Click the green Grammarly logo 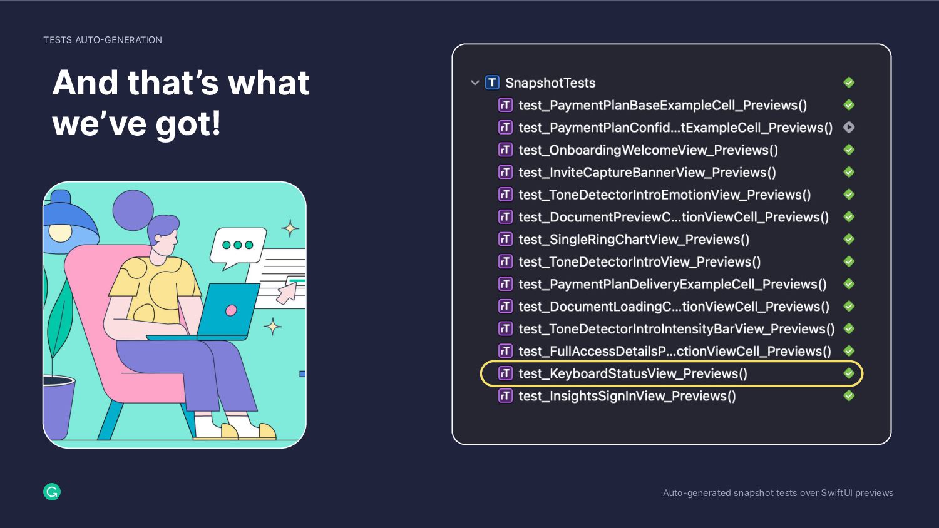tap(52, 492)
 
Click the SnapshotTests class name tap(550, 83)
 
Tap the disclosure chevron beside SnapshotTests tap(475, 83)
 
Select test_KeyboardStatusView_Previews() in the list tap(632, 373)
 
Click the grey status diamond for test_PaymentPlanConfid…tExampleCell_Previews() tap(849, 127)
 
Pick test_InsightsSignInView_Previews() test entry tap(627, 396)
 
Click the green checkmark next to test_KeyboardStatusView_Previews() tap(849, 373)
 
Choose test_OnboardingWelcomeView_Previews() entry tap(648, 150)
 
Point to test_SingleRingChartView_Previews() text tap(634, 240)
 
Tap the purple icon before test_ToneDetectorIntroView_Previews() tap(505, 261)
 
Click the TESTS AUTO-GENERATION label tap(103, 40)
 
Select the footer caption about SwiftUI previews tap(777, 493)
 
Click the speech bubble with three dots tap(238, 245)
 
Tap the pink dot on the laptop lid tap(231, 310)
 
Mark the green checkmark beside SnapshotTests tap(849, 83)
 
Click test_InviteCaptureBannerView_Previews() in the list tap(647, 173)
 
